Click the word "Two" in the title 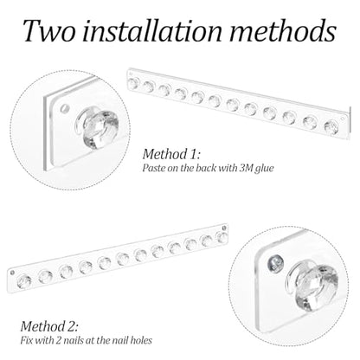coord(49,30)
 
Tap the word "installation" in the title coord(152,30)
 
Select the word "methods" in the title coord(283,30)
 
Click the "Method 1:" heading coord(171,154)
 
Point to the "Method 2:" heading coord(49,326)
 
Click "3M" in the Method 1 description coord(246,168)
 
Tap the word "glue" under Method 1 coord(264,168)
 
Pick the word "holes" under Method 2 coord(141,340)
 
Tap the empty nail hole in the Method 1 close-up coord(65,109)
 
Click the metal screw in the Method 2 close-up coord(275,263)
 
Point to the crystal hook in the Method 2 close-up coord(314,284)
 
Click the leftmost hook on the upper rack coord(133,83)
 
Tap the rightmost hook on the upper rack coord(331,127)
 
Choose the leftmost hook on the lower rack coord(24,281)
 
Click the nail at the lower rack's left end coord(12,273)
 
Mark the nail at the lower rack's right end coord(224,228)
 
